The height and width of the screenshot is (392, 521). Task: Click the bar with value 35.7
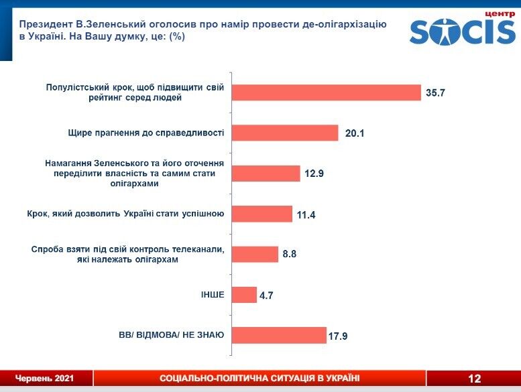326,92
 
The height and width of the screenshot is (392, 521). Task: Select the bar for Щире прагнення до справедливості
285,133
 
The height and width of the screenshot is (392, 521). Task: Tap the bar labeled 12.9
266,174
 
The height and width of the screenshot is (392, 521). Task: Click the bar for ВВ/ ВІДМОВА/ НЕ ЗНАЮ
279,335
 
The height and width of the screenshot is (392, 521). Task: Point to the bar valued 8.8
255,255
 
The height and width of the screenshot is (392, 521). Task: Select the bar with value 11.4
262,214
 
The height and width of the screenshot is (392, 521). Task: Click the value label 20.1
353,134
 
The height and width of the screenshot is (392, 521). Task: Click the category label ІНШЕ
211,295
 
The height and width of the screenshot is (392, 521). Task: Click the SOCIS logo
462,31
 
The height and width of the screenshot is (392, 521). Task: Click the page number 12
475,379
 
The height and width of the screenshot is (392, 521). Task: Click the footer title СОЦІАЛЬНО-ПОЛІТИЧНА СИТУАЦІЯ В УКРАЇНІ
259,379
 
